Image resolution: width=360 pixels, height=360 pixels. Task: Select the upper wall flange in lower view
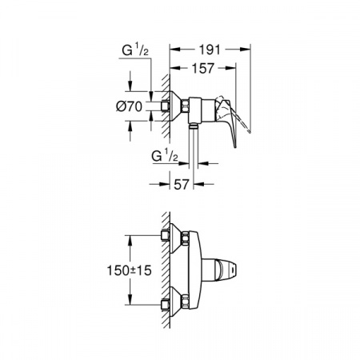coord(171,237)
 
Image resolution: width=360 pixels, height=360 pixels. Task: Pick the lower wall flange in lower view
coord(171,303)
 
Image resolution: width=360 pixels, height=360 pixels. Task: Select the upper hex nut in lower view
coord(185,237)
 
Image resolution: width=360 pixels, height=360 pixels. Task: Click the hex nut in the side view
coord(185,105)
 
